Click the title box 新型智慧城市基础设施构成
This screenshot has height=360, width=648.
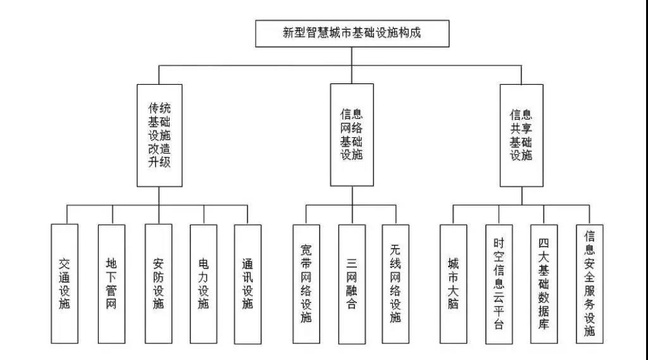pos(352,34)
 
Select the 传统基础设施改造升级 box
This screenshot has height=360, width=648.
pos(159,135)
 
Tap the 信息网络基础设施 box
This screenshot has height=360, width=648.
pos(352,135)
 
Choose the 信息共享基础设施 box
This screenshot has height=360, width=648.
pos(521,135)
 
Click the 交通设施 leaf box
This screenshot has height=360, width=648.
pos(65,283)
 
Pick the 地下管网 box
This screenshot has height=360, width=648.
pos(111,283)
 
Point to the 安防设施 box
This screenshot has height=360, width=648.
pos(158,283)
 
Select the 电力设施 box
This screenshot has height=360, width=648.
pos(203,283)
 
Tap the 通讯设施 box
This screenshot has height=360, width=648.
pos(247,283)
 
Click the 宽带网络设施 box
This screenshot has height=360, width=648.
pos(306,283)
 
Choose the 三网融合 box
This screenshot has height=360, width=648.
pos(352,283)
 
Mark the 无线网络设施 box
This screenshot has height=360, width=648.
pos(396,283)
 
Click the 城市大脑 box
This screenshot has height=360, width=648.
pos(453,283)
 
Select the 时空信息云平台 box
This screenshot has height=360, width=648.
pos(499,283)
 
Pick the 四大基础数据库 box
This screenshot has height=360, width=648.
pos(544,283)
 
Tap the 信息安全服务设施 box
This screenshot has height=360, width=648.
pos(589,283)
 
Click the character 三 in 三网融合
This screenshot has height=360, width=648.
pos(352,262)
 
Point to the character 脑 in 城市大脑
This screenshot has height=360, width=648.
pos(453,304)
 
